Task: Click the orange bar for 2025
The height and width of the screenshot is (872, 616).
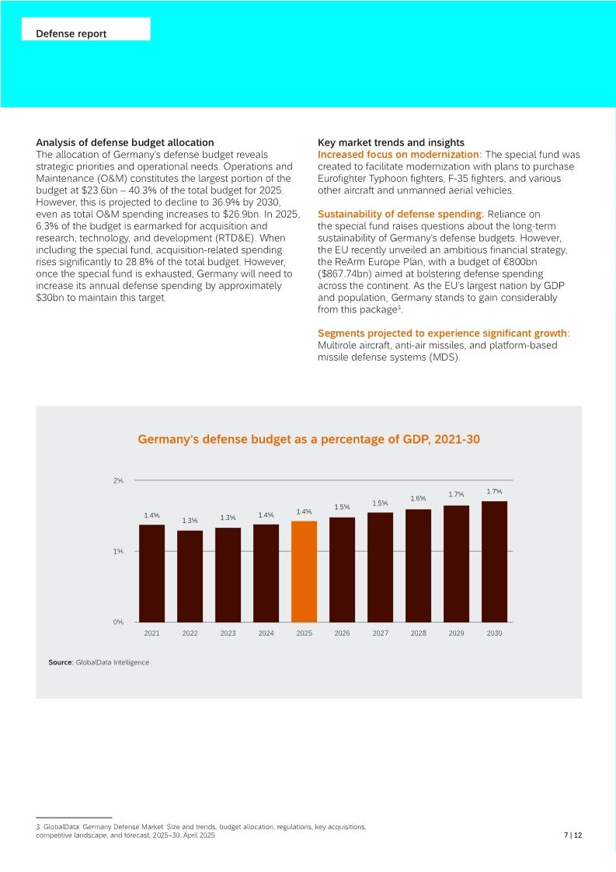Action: [x=304, y=571]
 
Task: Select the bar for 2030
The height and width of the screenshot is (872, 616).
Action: [x=494, y=561]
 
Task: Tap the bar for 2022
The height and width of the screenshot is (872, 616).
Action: [x=190, y=576]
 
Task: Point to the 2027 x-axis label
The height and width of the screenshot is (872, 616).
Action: [x=380, y=633]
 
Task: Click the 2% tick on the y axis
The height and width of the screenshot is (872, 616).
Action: [x=118, y=481]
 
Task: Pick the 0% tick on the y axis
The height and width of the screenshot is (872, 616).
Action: [x=118, y=622]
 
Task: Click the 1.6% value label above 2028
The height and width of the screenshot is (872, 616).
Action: [x=418, y=498]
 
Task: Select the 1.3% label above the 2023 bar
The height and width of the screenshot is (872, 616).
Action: [x=228, y=518]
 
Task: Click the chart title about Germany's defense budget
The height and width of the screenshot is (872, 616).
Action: [x=308, y=440]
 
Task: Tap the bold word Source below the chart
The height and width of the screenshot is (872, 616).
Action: [x=60, y=662]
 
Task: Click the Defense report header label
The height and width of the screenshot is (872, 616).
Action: [x=71, y=34]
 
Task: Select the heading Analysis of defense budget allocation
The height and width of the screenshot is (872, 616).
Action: [x=125, y=143]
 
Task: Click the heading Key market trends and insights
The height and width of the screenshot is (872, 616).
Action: [x=391, y=143]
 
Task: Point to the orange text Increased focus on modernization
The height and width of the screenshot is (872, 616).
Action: [x=399, y=155]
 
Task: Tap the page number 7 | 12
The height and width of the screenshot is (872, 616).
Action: [x=572, y=835]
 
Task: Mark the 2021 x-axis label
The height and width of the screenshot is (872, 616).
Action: [x=151, y=633]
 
